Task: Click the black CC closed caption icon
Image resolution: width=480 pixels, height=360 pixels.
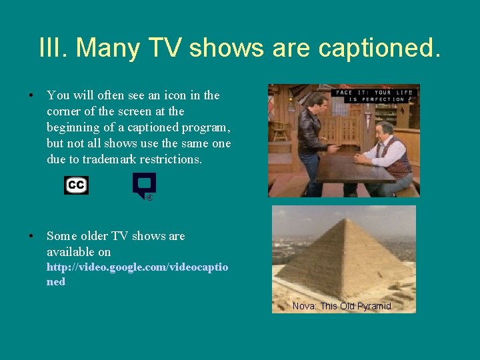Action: (x=76, y=185)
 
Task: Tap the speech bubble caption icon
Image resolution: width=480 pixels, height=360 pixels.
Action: (x=143, y=184)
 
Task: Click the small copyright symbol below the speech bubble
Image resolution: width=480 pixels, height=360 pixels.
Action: (x=150, y=197)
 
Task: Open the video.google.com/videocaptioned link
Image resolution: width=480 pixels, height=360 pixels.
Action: (x=137, y=274)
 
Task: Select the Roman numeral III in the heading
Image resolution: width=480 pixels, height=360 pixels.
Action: (x=52, y=47)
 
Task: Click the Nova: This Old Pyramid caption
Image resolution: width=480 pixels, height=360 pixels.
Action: (x=341, y=306)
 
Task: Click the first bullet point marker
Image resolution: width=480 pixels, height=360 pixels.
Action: (x=31, y=96)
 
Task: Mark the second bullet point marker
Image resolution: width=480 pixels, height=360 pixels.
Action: (x=31, y=236)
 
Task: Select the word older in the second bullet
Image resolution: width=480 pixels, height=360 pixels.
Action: (x=97, y=236)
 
